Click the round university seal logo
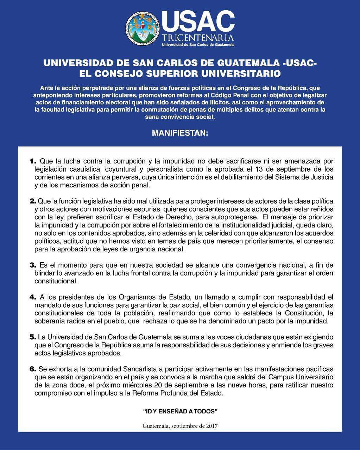coord(142,28)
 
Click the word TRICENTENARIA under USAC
coord(198,37)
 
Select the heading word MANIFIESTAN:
coord(180,134)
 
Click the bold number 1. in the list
coord(33,161)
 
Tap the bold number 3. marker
coord(33,265)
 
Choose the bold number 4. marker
coord(33,297)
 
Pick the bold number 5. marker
coord(33,337)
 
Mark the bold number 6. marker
coord(33,369)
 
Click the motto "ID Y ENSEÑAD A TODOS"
coord(180,411)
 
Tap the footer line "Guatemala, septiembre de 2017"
coord(180,426)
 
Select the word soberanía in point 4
coord(49,321)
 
